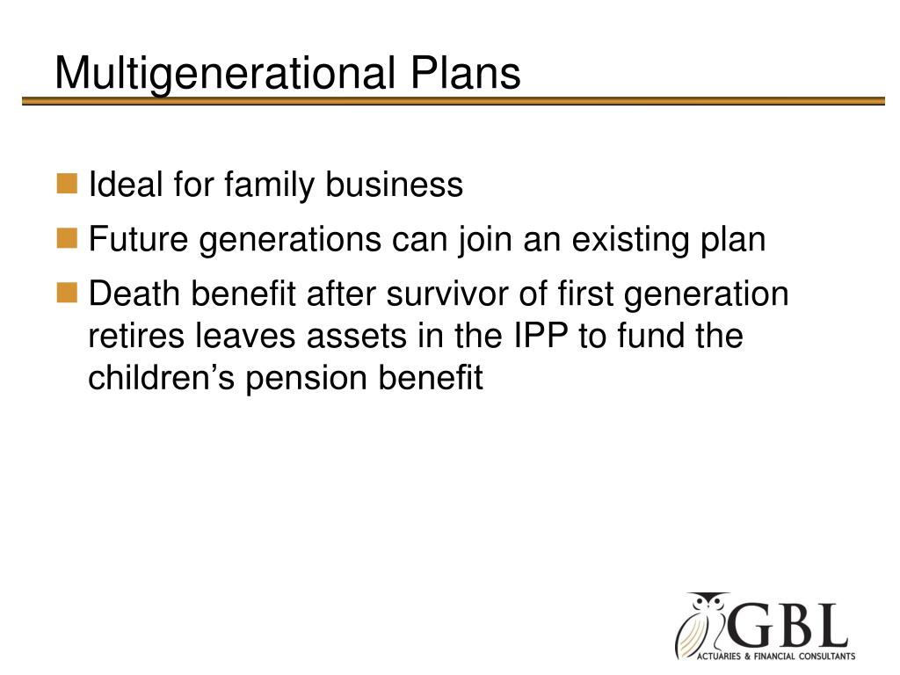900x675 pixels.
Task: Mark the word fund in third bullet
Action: (647, 336)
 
